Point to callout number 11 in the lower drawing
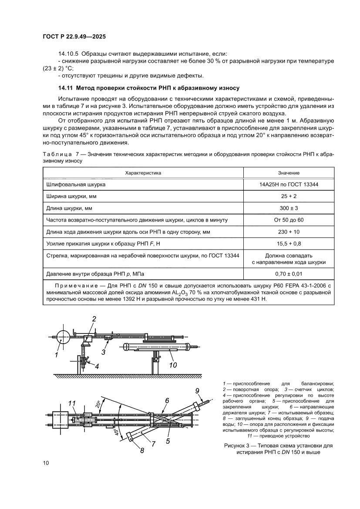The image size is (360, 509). point(72,403)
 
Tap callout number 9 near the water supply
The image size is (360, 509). point(197,390)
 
